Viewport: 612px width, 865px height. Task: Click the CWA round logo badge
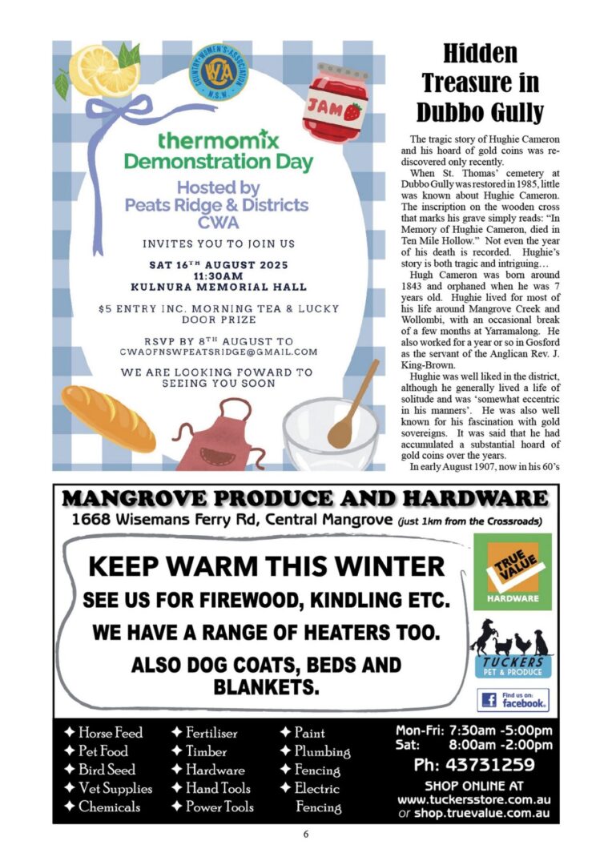pos(221,70)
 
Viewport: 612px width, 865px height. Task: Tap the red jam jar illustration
pos(334,103)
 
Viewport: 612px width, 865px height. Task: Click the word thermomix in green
pos(219,142)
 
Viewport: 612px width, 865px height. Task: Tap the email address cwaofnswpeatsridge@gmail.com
pos(219,352)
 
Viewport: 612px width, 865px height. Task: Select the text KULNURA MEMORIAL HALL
pos(219,286)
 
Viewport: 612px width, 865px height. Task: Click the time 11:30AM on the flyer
pos(219,274)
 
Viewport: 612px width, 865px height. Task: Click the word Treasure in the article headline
pos(481,82)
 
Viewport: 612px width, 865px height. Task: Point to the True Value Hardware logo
pos(513,571)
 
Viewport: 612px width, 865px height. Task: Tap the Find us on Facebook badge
pos(513,700)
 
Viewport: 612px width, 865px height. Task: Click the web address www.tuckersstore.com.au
pos(474,800)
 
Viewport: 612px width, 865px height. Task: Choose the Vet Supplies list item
pos(108,788)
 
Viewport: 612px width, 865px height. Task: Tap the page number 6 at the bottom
pos(306,834)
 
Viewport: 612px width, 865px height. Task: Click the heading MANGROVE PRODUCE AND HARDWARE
pos(305,499)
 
